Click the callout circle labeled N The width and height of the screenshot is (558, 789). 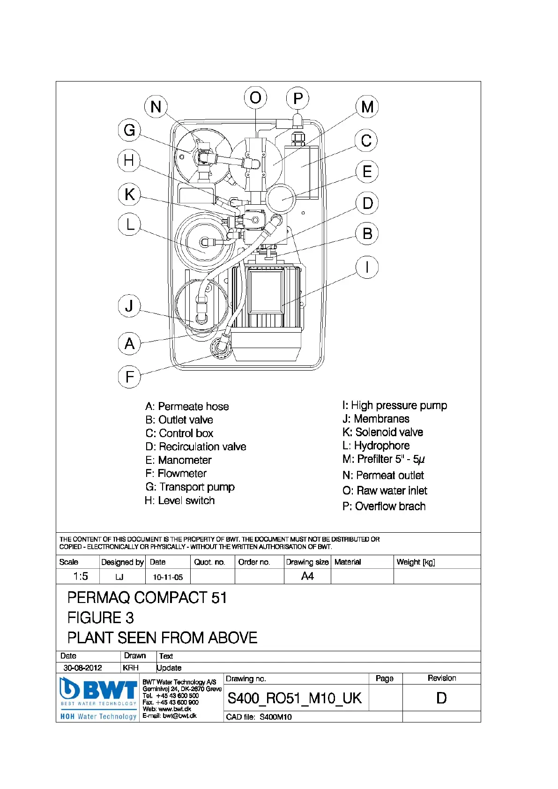[x=156, y=106]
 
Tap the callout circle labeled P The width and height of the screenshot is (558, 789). [x=298, y=98]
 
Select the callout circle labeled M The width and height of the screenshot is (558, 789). [x=367, y=106]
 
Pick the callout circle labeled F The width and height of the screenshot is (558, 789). [x=129, y=377]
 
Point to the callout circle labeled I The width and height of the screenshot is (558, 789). [x=367, y=268]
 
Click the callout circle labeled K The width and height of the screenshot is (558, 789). [x=129, y=194]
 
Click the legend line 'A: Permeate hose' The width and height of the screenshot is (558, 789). [x=187, y=407]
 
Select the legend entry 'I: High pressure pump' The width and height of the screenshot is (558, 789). [x=394, y=405]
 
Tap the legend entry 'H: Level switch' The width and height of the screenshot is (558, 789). [x=179, y=501]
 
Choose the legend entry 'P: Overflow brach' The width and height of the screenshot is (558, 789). [x=384, y=506]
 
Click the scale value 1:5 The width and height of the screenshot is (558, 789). [x=81, y=576]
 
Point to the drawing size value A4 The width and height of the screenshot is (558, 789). [x=307, y=576]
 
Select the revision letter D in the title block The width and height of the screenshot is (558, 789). [x=441, y=698]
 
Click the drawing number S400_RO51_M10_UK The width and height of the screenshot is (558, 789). [x=294, y=699]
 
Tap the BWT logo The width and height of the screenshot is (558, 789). [x=98, y=690]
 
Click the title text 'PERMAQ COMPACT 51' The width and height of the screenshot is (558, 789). [x=147, y=598]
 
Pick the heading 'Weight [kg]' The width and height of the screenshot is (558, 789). [x=416, y=562]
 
